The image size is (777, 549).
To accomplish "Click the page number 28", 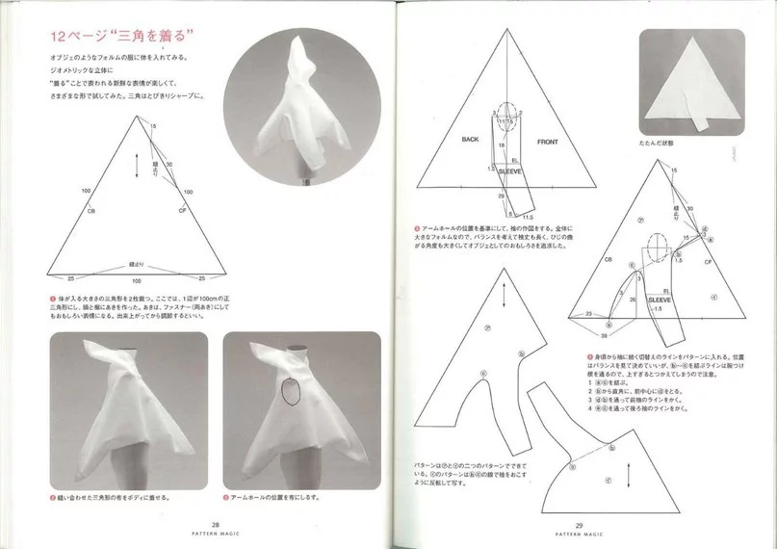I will click(196, 525).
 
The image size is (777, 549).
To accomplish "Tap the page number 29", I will click(580, 525).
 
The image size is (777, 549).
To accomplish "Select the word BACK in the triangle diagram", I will click(470, 140).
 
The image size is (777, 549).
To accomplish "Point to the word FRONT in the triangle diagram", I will click(548, 141).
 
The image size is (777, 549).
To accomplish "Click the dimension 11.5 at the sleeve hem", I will click(529, 218).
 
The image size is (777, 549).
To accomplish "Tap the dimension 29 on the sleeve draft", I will click(501, 195).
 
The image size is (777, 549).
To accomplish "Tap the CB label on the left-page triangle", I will click(91, 209).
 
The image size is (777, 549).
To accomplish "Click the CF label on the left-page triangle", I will click(182, 209).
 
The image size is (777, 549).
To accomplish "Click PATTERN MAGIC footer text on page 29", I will click(580, 535).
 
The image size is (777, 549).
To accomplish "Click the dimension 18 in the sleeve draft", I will click(502, 144).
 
